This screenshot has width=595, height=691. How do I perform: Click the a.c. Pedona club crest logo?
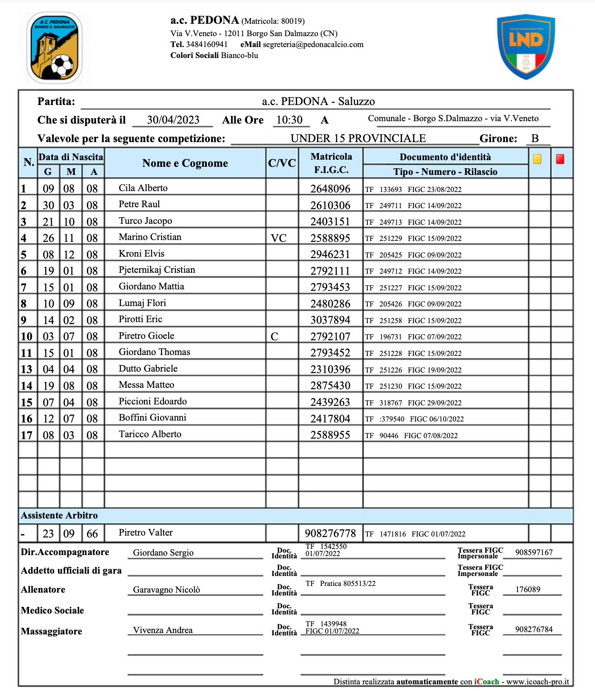click(x=54, y=48)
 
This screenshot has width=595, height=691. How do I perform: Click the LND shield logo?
click(x=526, y=47)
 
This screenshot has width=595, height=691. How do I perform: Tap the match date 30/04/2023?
click(x=173, y=120)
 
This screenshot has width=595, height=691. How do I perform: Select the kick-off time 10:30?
click(x=289, y=120)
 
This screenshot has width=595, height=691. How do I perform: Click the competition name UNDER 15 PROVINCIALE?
click(x=358, y=139)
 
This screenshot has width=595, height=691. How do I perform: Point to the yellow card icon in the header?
click(x=537, y=159)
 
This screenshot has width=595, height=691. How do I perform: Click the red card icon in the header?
click(x=560, y=159)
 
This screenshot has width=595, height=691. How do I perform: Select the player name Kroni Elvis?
click(x=142, y=254)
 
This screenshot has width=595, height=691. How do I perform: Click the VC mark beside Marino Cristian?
click(x=278, y=238)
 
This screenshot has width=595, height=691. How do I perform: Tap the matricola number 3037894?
click(x=330, y=320)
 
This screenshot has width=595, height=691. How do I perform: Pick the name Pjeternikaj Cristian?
click(x=157, y=270)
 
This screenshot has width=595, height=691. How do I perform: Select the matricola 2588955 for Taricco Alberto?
click(x=330, y=435)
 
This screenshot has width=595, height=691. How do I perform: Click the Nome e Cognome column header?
click(x=185, y=163)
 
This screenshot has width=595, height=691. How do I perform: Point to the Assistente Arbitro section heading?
click(x=59, y=516)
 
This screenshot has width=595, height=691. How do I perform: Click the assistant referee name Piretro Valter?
click(x=145, y=533)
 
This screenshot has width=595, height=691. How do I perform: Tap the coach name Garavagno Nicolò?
click(x=166, y=590)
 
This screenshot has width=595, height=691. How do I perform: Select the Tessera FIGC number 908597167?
click(x=534, y=553)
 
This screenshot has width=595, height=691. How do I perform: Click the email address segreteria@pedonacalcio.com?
click(x=313, y=45)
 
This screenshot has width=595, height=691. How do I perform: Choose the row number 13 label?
click(x=27, y=370)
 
